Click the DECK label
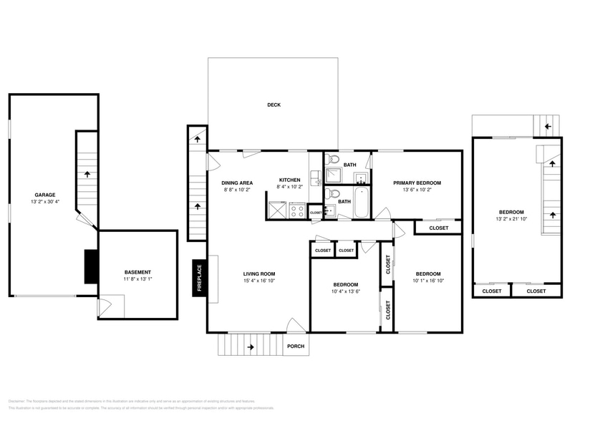click(274, 105)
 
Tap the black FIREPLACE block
click(198, 279)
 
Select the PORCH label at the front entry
click(295, 347)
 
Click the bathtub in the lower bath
click(362, 203)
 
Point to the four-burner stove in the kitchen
click(297, 210)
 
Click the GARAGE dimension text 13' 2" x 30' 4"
click(45, 203)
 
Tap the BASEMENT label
click(137, 272)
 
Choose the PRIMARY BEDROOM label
click(417, 183)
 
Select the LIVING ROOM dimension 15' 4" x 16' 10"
click(258, 281)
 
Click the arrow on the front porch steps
click(250, 347)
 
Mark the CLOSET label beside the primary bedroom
click(438, 228)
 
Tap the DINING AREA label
click(236, 183)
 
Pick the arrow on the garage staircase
click(87, 173)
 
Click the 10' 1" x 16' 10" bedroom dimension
click(428, 281)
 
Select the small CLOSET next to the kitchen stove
click(316, 213)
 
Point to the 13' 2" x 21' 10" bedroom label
click(511, 220)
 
